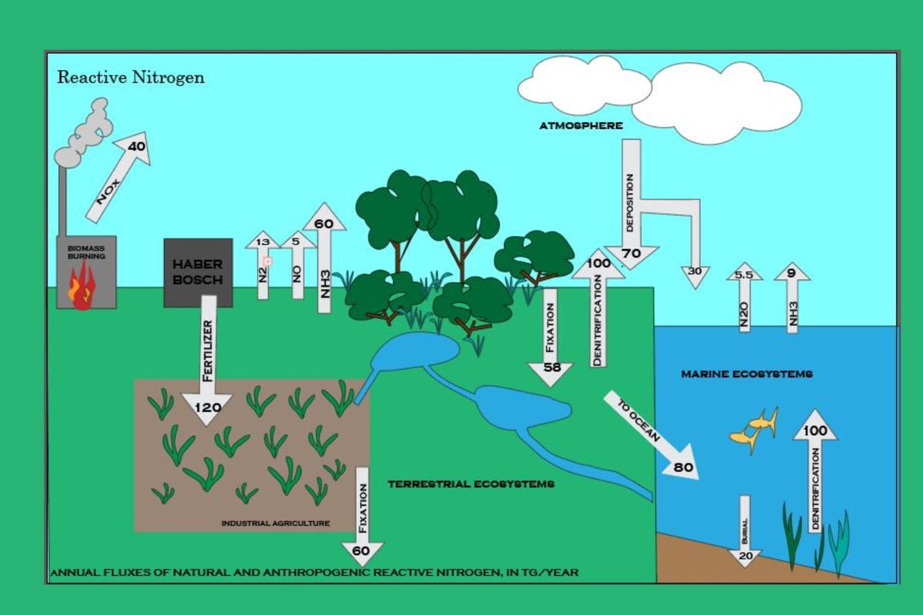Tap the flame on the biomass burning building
(80, 291)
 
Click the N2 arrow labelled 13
(263, 265)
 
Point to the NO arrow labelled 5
(297, 265)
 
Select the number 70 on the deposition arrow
(631, 253)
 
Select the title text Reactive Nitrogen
(131, 78)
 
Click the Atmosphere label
(581, 125)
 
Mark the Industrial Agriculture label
(275, 523)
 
